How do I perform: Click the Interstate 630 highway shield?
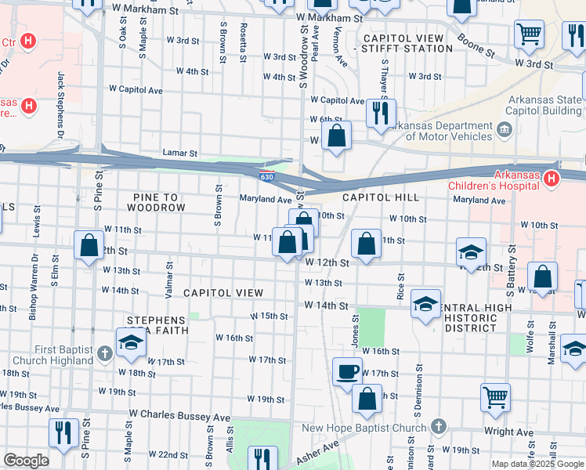(x=267, y=176)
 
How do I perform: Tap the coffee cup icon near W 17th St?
(x=346, y=371)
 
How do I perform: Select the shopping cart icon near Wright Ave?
(x=495, y=397)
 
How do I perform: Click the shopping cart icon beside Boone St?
(x=530, y=34)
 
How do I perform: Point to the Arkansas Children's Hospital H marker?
(x=551, y=179)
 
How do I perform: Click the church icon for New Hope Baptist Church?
(x=438, y=427)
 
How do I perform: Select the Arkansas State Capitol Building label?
(x=543, y=105)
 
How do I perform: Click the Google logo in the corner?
(x=26, y=461)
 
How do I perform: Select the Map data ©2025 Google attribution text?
(x=537, y=464)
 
